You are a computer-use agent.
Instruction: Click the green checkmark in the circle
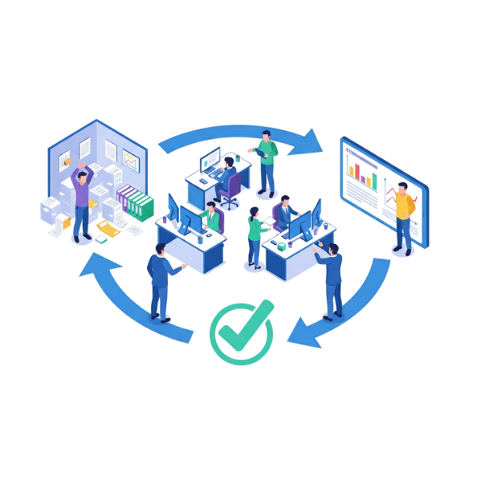242,332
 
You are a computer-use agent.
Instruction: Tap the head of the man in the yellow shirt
403,190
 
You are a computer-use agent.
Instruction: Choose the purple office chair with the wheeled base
231,191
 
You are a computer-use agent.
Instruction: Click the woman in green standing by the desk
254,235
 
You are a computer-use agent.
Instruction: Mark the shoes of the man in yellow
401,250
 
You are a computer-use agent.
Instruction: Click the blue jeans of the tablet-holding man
267,176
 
